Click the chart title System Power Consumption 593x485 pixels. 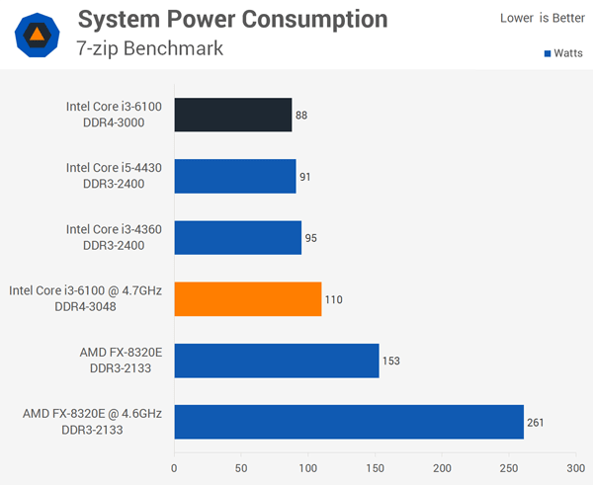(232, 19)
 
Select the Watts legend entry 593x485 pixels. (562, 53)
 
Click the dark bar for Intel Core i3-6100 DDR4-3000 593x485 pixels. (233, 115)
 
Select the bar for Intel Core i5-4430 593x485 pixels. (235, 176)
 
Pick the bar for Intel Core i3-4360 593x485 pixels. (238, 237)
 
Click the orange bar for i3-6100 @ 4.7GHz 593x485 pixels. (248, 298)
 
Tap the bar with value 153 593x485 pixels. (277, 360)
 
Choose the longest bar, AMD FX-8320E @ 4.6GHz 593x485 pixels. (349, 421)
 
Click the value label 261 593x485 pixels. (535, 422)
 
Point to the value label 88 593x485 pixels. (301, 116)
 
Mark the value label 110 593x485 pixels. (333, 299)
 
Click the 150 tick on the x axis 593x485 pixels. (376, 468)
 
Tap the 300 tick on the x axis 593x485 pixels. (575, 468)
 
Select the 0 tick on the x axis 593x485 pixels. (175, 468)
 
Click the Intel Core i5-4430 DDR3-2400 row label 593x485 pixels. (114, 176)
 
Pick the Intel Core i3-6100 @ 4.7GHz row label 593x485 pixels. (85, 298)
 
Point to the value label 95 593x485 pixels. (311, 238)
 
